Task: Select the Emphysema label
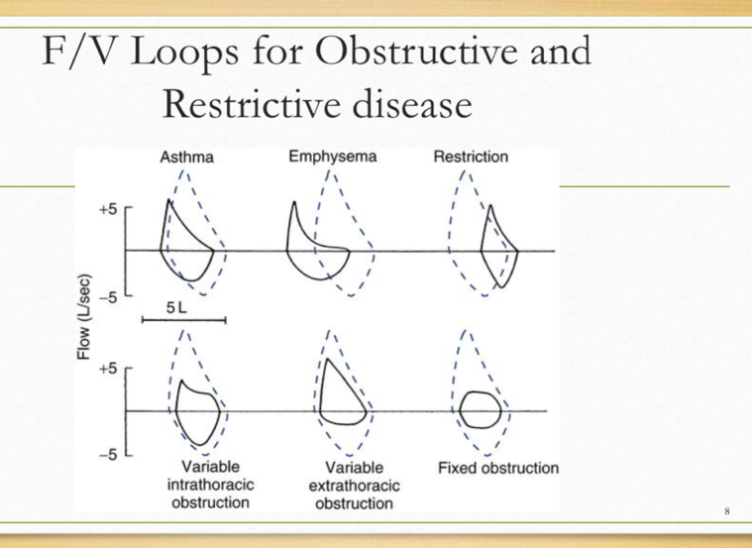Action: click(333, 157)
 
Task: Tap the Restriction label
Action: click(471, 157)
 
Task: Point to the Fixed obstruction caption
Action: click(497, 468)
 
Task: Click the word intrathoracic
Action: click(210, 485)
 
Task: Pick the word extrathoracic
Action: click(354, 486)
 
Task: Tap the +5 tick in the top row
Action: click(107, 210)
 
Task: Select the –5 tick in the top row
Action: click(107, 295)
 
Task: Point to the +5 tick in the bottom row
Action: click(107, 369)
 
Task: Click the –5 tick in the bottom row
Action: click(107, 455)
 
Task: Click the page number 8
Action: click(727, 511)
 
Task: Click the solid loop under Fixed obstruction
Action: click(482, 408)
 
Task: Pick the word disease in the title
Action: click(403, 102)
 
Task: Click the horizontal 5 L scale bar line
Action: click(183, 320)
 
